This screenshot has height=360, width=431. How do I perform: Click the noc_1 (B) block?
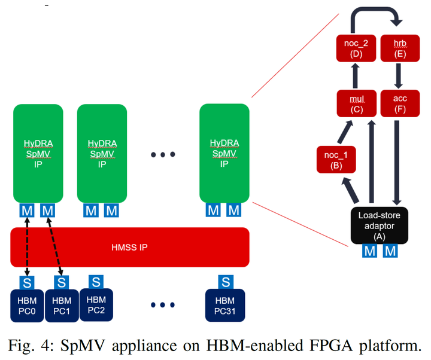coord(331,161)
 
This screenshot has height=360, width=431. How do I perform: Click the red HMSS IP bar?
coord(130,247)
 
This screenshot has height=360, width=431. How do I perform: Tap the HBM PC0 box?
coord(26,305)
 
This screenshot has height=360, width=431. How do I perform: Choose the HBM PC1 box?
coord(62,305)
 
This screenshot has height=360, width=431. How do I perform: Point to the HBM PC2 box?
coord(96,304)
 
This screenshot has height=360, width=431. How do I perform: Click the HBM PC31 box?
coord(225,305)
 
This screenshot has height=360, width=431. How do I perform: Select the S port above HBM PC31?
coord(226,281)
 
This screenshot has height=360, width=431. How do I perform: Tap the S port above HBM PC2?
coord(96,281)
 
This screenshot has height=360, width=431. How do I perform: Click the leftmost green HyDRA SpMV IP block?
coord(38,153)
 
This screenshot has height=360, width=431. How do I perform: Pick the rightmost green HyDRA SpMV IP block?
coord(224,153)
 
